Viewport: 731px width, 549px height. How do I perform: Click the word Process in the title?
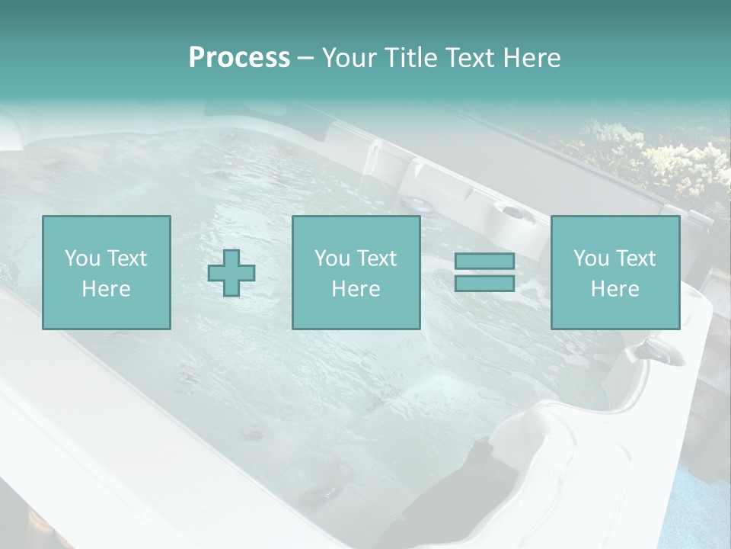[x=239, y=58]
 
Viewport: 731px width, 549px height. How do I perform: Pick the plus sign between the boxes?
[x=231, y=273]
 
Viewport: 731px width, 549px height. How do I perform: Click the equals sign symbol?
[x=484, y=272]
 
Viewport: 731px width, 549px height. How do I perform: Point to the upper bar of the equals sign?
[x=484, y=262]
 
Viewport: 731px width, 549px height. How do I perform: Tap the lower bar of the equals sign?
[x=484, y=283]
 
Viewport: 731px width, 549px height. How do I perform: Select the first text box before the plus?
[x=106, y=273]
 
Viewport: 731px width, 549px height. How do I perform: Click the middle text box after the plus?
[x=356, y=273]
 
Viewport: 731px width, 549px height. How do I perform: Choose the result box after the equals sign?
[x=614, y=273]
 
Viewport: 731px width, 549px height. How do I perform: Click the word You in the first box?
[x=82, y=258]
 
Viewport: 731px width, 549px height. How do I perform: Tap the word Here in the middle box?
[x=356, y=289]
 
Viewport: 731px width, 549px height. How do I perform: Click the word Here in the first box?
[x=106, y=289]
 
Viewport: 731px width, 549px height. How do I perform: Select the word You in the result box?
[x=591, y=258]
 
